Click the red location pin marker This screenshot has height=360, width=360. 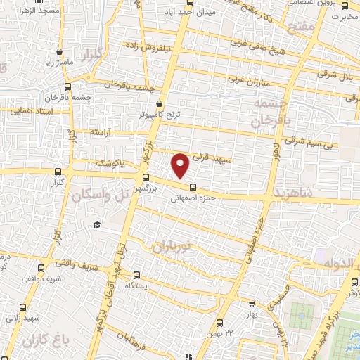coord(181,165)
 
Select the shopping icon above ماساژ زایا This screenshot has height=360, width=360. coord(59,52)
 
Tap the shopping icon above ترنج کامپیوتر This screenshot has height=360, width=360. coord(161,103)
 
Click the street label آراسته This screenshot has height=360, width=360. coord(101,132)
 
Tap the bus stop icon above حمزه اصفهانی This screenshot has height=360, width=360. coord(193,186)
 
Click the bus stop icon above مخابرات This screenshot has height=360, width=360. coord(343,6)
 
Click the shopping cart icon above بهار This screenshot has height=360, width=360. coord(252,304)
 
